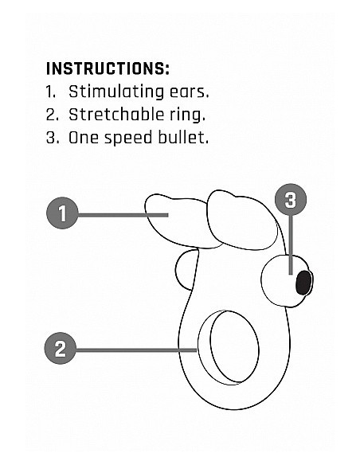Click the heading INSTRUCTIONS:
[x=108, y=68]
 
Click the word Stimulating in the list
[x=116, y=92]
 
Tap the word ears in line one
[x=189, y=92]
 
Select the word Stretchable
[x=116, y=115]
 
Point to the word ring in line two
[x=187, y=115]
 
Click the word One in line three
[x=83, y=138]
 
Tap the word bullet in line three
[x=183, y=138]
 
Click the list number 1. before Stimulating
[x=51, y=92]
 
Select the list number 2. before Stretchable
[x=53, y=115]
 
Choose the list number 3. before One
[x=53, y=138]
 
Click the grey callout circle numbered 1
[x=62, y=213]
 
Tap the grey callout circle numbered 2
[x=61, y=349]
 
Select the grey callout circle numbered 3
[x=291, y=200]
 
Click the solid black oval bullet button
[x=303, y=283]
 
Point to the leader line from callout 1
[x=123, y=215]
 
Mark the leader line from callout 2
[x=136, y=350]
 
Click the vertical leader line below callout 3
[x=291, y=245]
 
